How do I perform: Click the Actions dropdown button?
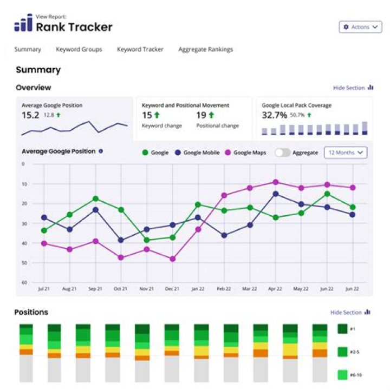point(360,27)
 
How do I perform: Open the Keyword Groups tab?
point(79,49)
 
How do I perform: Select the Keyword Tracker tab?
point(140,49)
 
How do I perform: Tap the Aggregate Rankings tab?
point(205,49)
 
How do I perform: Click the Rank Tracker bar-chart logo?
point(23,24)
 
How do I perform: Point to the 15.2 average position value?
point(30,115)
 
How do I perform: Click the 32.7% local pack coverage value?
point(274,115)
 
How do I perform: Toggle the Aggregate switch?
point(282,153)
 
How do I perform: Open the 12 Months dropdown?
point(346,153)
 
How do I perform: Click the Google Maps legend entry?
point(246,153)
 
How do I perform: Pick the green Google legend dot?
point(145,153)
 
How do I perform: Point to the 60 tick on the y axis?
point(23,282)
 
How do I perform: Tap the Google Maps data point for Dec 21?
point(173,259)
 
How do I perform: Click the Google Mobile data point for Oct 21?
point(121,240)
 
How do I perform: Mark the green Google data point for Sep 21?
point(95,199)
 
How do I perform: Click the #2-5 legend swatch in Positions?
point(342,352)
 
